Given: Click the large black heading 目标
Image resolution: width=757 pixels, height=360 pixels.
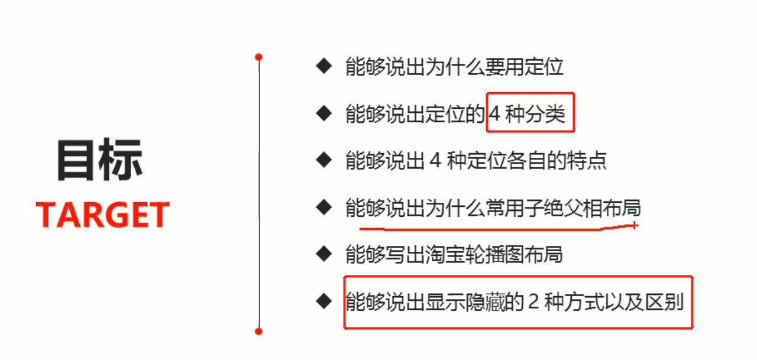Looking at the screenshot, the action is click(99, 161).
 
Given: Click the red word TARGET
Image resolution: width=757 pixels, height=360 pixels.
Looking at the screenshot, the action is click(103, 215).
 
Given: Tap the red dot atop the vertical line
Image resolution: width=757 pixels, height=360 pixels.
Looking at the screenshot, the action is click(258, 57).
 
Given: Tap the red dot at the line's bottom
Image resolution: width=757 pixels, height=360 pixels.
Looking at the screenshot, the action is click(258, 331).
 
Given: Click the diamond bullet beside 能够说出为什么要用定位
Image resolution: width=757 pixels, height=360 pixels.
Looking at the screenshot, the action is click(323, 66).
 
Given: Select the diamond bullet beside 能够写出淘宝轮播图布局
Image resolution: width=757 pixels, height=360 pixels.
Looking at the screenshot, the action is click(323, 254).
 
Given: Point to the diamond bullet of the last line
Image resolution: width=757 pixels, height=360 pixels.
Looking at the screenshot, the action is click(323, 301).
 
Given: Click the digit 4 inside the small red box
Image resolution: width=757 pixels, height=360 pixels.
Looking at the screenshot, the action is click(495, 114).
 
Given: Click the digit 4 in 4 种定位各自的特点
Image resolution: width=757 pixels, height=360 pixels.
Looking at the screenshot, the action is click(435, 161).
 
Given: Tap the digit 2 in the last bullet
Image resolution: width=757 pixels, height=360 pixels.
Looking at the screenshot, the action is click(533, 302).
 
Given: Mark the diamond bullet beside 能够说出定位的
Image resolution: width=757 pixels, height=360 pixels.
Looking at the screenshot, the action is click(323, 113).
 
